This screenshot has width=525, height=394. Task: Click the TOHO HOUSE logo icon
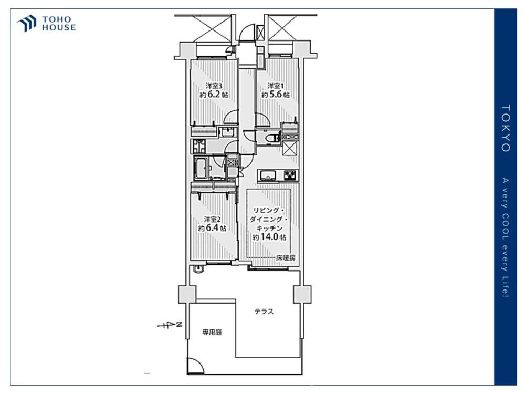point(27,23)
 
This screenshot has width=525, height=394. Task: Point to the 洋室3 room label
point(214,86)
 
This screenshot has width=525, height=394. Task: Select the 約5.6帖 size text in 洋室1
point(276,95)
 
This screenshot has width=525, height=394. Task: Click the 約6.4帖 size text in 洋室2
point(212,228)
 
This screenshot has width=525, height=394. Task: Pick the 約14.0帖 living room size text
point(269,237)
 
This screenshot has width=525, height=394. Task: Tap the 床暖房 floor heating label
point(286,258)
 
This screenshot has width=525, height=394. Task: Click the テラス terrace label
point(264,312)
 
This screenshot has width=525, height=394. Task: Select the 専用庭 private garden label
point(212,333)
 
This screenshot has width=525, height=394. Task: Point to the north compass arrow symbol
point(170,325)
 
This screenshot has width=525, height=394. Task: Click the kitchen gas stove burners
point(290,175)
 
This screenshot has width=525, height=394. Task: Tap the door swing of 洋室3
point(231,117)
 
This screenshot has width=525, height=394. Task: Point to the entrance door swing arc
point(247,33)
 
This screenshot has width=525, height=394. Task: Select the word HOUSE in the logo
point(59,27)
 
